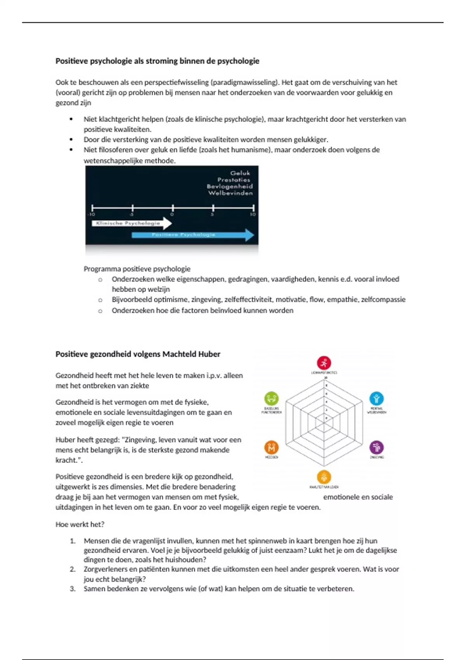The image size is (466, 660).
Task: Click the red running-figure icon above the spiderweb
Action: (324, 363)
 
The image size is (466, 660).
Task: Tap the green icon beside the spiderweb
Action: (271, 398)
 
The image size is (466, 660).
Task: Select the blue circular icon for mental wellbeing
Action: (376, 398)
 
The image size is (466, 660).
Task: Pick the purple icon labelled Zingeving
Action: (376, 447)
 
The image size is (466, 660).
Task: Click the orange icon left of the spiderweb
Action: (271, 447)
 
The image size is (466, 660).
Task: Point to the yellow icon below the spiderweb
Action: (324, 477)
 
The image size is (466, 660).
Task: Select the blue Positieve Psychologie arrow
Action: (192, 234)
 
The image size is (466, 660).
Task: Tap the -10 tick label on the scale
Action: (91, 214)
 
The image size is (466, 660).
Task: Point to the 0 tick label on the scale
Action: (172, 214)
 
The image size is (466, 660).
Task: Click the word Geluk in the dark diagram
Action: (240, 173)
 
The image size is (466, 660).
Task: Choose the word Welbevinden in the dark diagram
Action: (230, 193)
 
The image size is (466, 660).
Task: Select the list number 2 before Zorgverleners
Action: (73, 569)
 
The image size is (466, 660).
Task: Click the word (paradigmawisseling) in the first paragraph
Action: (245, 82)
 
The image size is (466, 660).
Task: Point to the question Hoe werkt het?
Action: (80, 525)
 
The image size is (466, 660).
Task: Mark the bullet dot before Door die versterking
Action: (71, 139)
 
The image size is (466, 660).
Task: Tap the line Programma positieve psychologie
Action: (137, 269)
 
